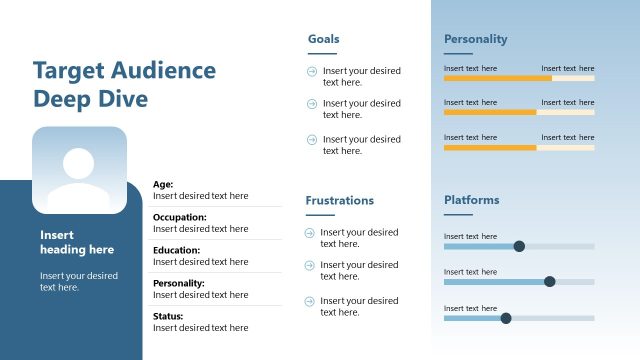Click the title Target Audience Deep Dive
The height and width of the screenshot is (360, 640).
pyautogui.click(x=124, y=84)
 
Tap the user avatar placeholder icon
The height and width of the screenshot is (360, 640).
pyautogui.click(x=79, y=170)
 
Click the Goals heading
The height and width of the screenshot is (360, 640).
pyautogui.click(x=323, y=39)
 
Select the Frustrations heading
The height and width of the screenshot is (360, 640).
pyautogui.click(x=339, y=200)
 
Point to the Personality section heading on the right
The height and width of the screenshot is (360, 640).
pyautogui.click(x=475, y=39)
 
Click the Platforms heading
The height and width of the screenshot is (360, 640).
pyautogui.click(x=471, y=200)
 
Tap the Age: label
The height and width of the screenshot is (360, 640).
pyautogui.click(x=163, y=184)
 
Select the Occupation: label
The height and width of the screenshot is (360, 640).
pyautogui.click(x=180, y=217)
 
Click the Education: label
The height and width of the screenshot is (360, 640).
pyautogui.click(x=176, y=250)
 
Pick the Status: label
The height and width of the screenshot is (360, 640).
pyautogui.click(x=168, y=316)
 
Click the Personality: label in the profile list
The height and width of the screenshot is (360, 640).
pyautogui.click(x=179, y=283)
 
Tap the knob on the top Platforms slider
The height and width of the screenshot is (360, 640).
pyautogui.click(x=518, y=246)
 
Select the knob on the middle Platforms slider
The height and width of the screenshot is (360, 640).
pyautogui.click(x=549, y=281)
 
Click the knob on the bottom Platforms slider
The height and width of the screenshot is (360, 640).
pyautogui.click(x=505, y=318)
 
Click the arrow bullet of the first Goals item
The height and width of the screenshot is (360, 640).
pyautogui.click(x=312, y=71)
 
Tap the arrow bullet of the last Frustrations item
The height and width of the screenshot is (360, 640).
pyautogui.click(x=310, y=301)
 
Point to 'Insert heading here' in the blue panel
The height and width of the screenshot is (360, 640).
pyautogui.click(x=77, y=242)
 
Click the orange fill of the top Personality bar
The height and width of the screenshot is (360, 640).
pyautogui.click(x=497, y=77)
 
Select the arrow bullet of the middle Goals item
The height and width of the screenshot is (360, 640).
pyautogui.click(x=312, y=104)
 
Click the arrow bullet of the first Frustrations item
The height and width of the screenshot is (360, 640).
pyautogui.click(x=310, y=233)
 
